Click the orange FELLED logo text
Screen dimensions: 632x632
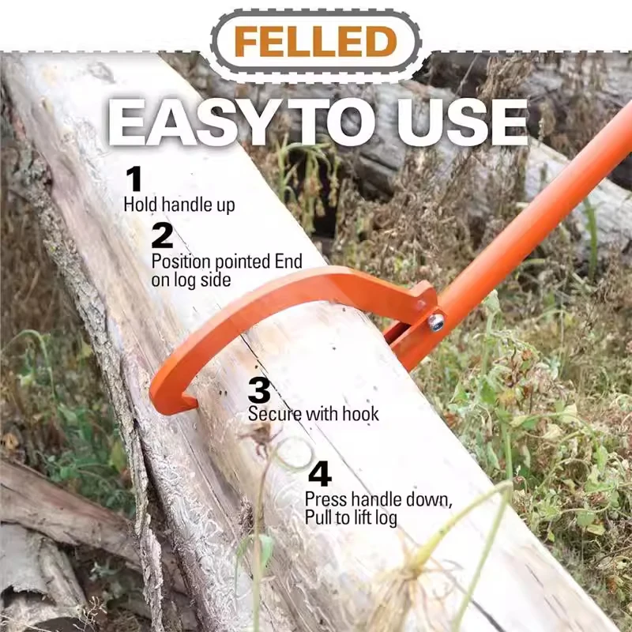[x=315, y=42]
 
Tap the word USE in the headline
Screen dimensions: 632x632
[x=462, y=122]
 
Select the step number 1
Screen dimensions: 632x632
[x=134, y=179]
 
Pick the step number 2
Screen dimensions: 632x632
[x=162, y=235]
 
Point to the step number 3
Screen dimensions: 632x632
[x=259, y=389]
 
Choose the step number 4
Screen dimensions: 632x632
[x=320, y=474]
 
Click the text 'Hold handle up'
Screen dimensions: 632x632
[x=179, y=205]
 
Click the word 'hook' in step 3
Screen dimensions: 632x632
[x=360, y=413]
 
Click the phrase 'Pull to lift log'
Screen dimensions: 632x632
[x=351, y=517]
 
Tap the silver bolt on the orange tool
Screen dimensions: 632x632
[x=436, y=322]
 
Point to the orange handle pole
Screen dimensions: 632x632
[x=524, y=227]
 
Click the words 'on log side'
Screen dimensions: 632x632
[x=191, y=280]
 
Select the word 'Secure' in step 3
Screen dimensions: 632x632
[x=274, y=413]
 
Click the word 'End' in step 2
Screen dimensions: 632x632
[x=288, y=261]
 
